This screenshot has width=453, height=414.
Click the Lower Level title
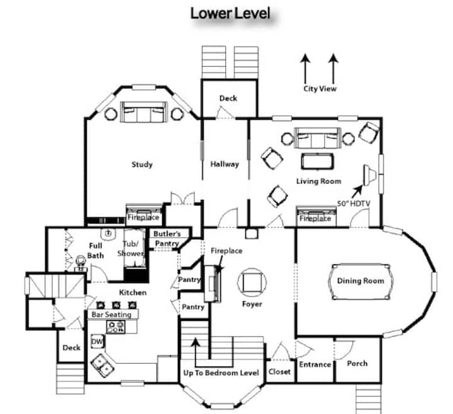[x=230, y=14]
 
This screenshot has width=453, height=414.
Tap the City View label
[x=320, y=88]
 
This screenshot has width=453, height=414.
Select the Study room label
[x=142, y=164]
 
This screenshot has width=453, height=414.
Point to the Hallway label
[x=225, y=164]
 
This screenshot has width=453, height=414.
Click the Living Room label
[x=318, y=181]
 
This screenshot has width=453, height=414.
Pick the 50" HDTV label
[x=354, y=204]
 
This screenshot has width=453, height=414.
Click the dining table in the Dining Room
[x=361, y=282]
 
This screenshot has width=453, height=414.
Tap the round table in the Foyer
[x=252, y=282]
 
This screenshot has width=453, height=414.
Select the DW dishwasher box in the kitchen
[x=97, y=342]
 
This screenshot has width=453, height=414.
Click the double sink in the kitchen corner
[x=103, y=365]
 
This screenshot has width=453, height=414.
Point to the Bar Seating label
[x=111, y=314]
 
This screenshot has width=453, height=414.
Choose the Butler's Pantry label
[x=167, y=238]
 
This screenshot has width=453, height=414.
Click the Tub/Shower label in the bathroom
[x=131, y=249]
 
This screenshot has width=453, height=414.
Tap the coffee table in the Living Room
[x=317, y=161]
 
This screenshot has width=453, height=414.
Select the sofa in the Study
[x=143, y=112]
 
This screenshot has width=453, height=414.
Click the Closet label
[x=279, y=372]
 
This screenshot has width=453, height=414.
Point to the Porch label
[x=357, y=364]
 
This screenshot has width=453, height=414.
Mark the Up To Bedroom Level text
[x=221, y=373]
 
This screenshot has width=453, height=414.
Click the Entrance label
[x=315, y=364]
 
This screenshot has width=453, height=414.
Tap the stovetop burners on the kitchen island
[x=116, y=327]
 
